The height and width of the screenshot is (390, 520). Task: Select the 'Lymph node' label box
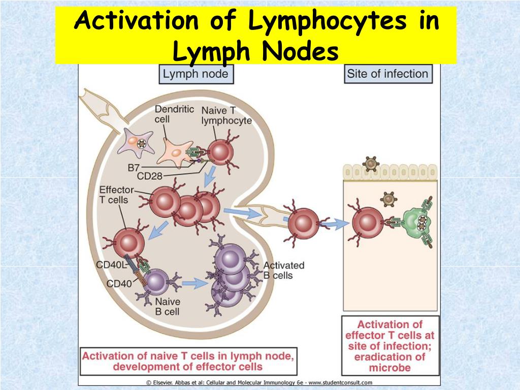[x=196, y=75]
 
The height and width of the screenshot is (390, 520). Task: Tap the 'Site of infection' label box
[x=387, y=74]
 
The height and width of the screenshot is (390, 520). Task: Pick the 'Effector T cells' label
[x=116, y=195]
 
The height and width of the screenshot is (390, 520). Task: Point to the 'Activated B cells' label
[x=283, y=270]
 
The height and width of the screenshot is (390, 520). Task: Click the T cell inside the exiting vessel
[x=303, y=222]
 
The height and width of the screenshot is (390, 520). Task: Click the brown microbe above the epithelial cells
[x=371, y=164]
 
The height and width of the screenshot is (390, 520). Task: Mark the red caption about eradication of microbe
[x=390, y=345]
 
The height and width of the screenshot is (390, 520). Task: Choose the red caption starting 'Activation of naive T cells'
[x=187, y=360]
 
